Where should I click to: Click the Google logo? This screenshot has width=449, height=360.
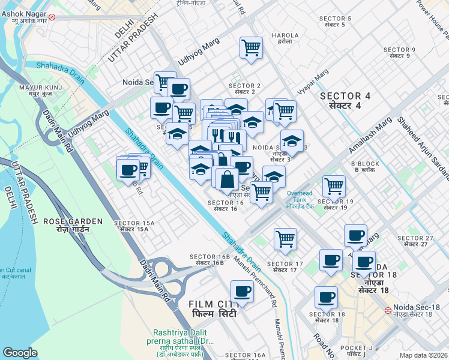[x=20, y=353]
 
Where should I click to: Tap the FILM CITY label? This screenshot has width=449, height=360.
[x=210, y=309]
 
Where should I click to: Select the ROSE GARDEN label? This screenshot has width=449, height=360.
[x=66, y=225]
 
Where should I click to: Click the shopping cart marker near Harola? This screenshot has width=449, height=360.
[x=251, y=47]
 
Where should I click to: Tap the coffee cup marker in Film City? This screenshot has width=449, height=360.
[x=242, y=292]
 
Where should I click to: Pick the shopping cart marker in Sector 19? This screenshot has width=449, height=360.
[x=334, y=186]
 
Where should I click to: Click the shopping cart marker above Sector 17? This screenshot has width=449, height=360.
[x=285, y=238]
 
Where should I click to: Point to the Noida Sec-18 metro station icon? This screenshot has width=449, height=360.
[x=388, y=311]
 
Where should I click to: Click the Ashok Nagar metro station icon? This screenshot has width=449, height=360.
[x=52, y=17]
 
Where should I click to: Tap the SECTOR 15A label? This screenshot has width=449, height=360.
[x=137, y=226]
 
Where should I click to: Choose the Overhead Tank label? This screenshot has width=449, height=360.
[x=300, y=197]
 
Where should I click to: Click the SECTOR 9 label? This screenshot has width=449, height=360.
[x=399, y=52]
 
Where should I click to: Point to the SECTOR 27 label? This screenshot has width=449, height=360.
[x=419, y=241]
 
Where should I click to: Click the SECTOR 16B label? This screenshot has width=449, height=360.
[x=207, y=260]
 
